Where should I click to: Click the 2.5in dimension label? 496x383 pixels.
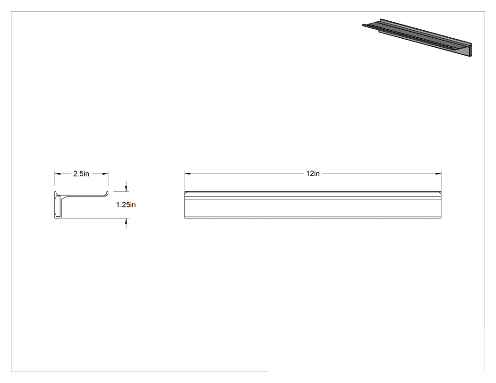81,174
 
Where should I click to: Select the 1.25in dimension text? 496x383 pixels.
126,204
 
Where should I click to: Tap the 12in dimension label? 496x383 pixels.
313,174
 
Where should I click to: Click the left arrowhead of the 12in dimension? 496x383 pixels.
188,174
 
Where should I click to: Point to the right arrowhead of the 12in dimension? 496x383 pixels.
438,174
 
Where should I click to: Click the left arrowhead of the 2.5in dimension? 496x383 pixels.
57,174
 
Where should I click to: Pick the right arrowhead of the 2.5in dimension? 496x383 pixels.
105,174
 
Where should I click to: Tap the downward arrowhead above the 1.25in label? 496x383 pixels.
126,188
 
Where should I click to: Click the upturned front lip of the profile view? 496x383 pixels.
107,194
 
